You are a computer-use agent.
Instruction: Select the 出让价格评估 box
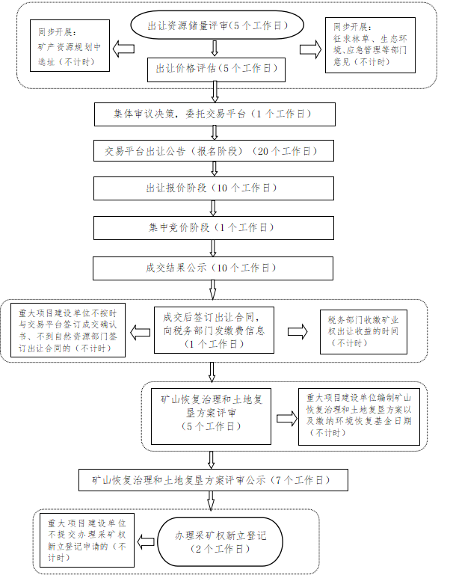tap(215, 69)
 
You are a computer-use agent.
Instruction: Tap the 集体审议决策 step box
tap(212, 114)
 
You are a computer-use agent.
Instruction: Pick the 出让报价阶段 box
tap(212, 188)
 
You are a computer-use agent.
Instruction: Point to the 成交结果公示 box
tap(212, 268)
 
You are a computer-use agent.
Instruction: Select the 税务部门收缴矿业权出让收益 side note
tap(363, 331)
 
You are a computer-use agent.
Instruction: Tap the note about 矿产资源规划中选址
tap(70, 46)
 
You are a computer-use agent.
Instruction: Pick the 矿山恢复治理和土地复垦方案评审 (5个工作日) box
tap(212, 414)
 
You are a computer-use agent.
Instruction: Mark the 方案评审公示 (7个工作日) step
tap(209, 480)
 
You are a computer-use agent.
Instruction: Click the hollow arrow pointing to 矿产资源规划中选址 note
tap(123, 49)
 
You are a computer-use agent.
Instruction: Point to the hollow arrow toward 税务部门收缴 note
tap(298, 331)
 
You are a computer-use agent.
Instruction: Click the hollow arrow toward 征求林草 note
tap(308, 49)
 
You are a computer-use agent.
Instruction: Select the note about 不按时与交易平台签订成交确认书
tap(72, 328)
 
